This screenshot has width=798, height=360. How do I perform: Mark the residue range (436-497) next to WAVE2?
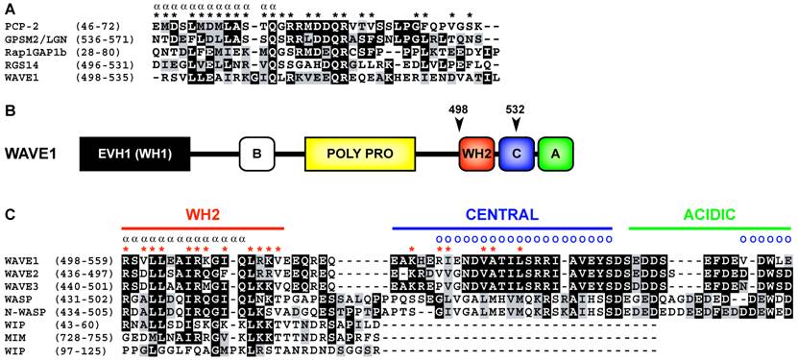point(93,271)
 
